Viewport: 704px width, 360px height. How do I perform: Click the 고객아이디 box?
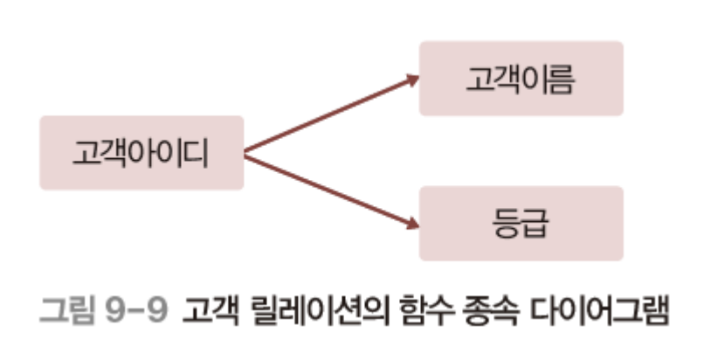(x=141, y=153)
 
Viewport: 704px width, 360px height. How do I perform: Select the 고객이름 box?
(x=521, y=79)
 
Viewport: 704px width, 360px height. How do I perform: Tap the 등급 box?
(x=521, y=223)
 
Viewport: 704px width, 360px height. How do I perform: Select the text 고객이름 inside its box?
(x=521, y=80)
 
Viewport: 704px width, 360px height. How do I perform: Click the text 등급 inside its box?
(x=521, y=224)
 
